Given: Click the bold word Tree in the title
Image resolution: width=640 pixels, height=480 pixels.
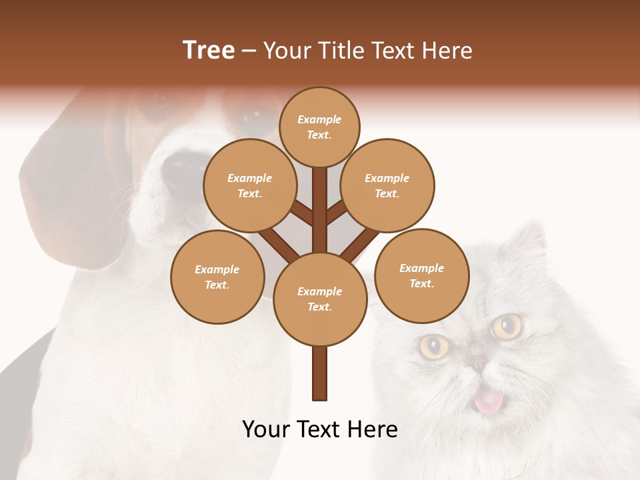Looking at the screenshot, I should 209,51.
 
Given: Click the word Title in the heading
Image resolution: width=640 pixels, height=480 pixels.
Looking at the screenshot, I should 341,51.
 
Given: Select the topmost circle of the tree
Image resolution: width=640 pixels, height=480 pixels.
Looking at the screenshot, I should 319,127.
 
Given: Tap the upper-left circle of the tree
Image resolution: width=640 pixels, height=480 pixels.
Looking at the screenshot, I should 249,185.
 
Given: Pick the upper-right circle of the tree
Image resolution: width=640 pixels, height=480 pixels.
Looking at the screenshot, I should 387,185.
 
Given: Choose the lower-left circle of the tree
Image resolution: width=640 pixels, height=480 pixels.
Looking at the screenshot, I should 217,277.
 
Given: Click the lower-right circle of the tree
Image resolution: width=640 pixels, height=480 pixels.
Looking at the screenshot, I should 421,275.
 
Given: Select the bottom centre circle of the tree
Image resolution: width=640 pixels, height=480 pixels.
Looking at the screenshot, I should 320,299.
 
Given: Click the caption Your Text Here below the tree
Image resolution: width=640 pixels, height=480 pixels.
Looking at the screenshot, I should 319,429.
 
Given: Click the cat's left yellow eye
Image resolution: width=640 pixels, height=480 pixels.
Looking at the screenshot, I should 434,346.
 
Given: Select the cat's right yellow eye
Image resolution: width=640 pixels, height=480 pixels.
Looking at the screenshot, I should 507,326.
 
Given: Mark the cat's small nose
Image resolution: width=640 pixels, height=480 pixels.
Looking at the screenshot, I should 478,363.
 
